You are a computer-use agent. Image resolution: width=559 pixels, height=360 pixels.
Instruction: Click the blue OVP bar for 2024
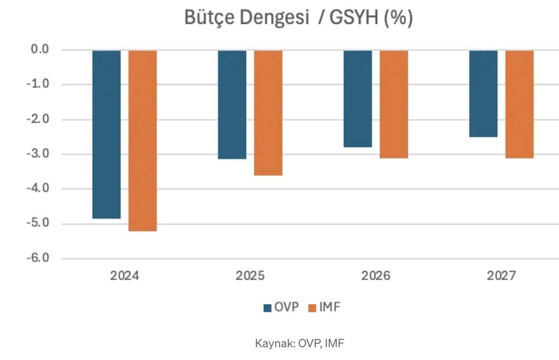pyautogui.click(x=106, y=134)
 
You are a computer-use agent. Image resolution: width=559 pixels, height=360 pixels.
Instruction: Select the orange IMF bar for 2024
pyautogui.click(x=143, y=140)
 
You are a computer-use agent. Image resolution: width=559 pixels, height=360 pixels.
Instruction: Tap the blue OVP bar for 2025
pyautogui.click(x=232, y=105)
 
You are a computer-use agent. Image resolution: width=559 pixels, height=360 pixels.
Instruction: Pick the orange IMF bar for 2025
pyautogui.click(x=268, y=113)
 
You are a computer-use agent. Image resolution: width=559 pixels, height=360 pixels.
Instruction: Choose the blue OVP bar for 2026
pyautogui.click(x=358, y=99)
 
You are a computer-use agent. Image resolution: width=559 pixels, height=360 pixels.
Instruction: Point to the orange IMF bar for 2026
pyautogui.click(x=394, y=104)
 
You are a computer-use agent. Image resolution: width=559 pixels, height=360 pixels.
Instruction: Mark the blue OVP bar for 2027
pyautogui.click(x=483, y=94)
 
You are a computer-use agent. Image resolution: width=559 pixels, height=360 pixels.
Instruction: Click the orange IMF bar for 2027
pyautogui.click(x=519, y=104)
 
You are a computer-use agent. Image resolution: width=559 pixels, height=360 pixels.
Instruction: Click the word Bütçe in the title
pyautogui.click(x=205, y=19)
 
